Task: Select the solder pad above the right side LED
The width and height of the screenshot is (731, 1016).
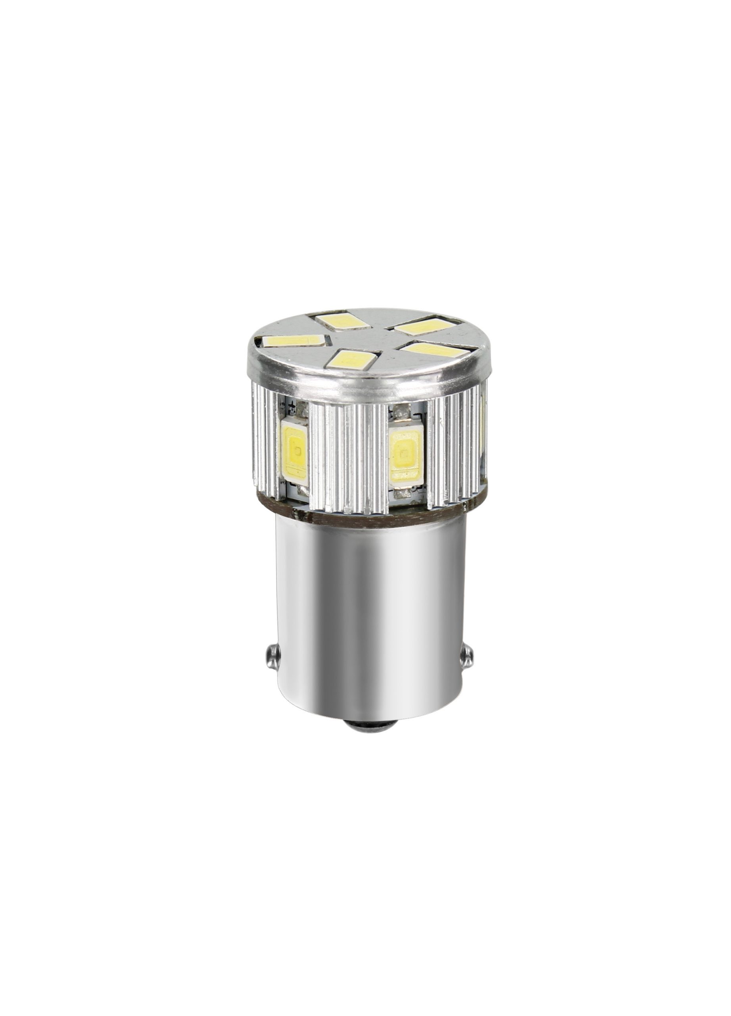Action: pyautogui.click(x=407, y=408)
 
